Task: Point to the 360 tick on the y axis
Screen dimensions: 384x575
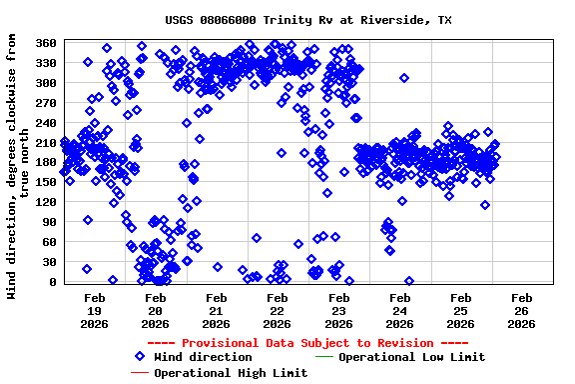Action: (46, 43)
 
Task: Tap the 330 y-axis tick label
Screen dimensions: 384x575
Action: (46, 63)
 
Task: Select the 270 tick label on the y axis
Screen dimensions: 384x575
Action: (46, 103)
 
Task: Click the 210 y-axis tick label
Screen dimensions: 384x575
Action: (46, 143)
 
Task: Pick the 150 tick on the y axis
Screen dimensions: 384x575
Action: (46, 183)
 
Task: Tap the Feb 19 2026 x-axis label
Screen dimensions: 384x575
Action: (94, 310)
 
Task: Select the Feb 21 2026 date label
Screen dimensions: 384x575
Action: (216, 310)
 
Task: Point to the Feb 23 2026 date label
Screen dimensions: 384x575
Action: (338, 310)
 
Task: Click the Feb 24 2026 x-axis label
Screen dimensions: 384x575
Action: (399, 310)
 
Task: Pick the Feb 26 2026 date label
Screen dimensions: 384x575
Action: (521, 310)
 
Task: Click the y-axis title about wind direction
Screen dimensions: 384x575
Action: (18, 165)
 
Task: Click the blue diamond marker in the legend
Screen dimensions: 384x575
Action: (140, 357)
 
